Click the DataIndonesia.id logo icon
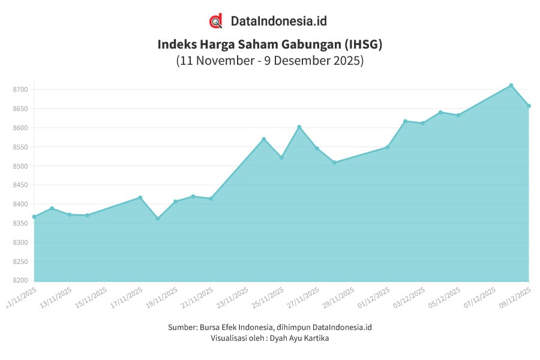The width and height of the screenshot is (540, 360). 216,21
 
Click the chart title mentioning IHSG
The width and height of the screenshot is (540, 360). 269,44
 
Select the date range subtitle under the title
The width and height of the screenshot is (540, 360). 269,61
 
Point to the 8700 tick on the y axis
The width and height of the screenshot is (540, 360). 20,89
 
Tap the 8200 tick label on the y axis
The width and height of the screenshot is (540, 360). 20,281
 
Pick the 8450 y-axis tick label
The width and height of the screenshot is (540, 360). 20,185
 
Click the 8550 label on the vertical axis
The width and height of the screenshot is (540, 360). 20,147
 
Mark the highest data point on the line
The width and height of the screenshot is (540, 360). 511,85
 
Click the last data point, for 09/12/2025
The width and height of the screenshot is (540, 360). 529,106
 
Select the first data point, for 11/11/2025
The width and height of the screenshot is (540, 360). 34,217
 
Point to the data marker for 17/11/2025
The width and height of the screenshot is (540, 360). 140,197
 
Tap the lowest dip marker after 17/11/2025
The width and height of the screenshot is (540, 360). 158,218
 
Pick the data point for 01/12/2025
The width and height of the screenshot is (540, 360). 388,147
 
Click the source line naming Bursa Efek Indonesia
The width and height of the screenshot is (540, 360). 269,327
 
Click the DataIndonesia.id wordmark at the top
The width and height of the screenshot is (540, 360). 279,21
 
